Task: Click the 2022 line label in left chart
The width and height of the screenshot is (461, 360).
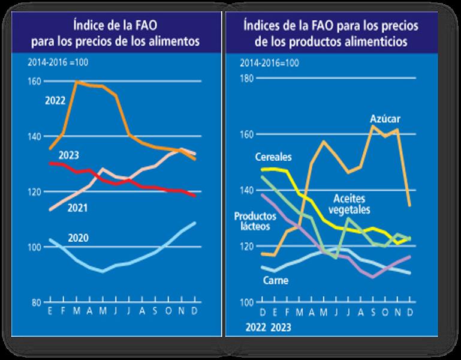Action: coord(56,100)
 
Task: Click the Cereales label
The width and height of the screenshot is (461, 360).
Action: coord(273,158)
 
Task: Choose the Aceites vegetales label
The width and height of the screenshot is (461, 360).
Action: coord(349,203)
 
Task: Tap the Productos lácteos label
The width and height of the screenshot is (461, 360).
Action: coord(252,221)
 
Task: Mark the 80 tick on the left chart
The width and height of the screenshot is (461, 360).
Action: coord(36,302)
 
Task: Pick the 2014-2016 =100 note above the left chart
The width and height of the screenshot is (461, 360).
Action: coord(55,62)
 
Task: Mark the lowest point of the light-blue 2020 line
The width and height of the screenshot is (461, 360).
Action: coord(103,271)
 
